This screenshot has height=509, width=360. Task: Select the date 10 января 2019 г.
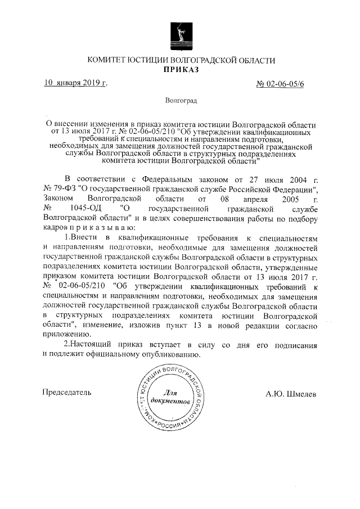76,83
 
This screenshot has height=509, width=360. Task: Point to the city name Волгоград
181,102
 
